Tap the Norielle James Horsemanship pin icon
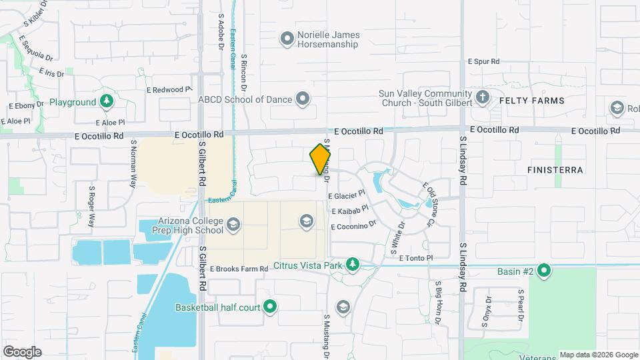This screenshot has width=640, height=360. (287, 39)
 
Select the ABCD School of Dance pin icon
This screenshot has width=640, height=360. (303, 100)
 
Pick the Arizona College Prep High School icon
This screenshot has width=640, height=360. (233, 225)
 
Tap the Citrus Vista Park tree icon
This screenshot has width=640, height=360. (352, 265)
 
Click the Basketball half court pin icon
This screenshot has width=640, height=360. (270, 307)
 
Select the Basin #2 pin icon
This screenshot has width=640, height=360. (544, 271)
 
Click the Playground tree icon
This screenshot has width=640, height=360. (106, 102)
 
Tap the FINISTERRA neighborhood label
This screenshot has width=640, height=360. (555, 170)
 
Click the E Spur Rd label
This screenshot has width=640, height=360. (483, 61)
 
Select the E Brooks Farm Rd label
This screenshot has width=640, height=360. (238, 269)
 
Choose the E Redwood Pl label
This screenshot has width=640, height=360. (168, 89)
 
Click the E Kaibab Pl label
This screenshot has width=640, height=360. (350, 211)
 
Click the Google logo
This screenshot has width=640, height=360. (23, 351)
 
